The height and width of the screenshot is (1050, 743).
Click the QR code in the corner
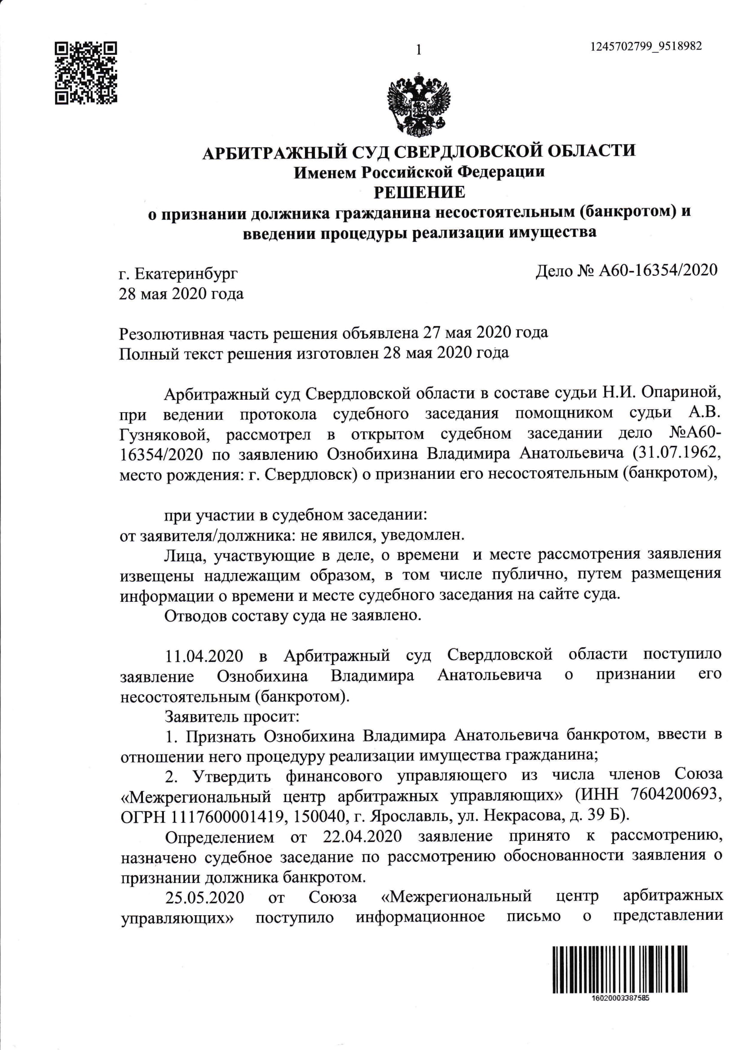(85, 73)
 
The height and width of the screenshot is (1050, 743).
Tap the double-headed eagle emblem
(419, 104)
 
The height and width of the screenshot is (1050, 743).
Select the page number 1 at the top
(418, 50)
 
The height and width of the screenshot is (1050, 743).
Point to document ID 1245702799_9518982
(646, 47)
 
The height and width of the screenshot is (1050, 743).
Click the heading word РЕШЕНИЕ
(419, 192)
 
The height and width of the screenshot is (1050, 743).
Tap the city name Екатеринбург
(187, 274)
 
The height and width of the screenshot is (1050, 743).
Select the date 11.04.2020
(204, 656)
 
